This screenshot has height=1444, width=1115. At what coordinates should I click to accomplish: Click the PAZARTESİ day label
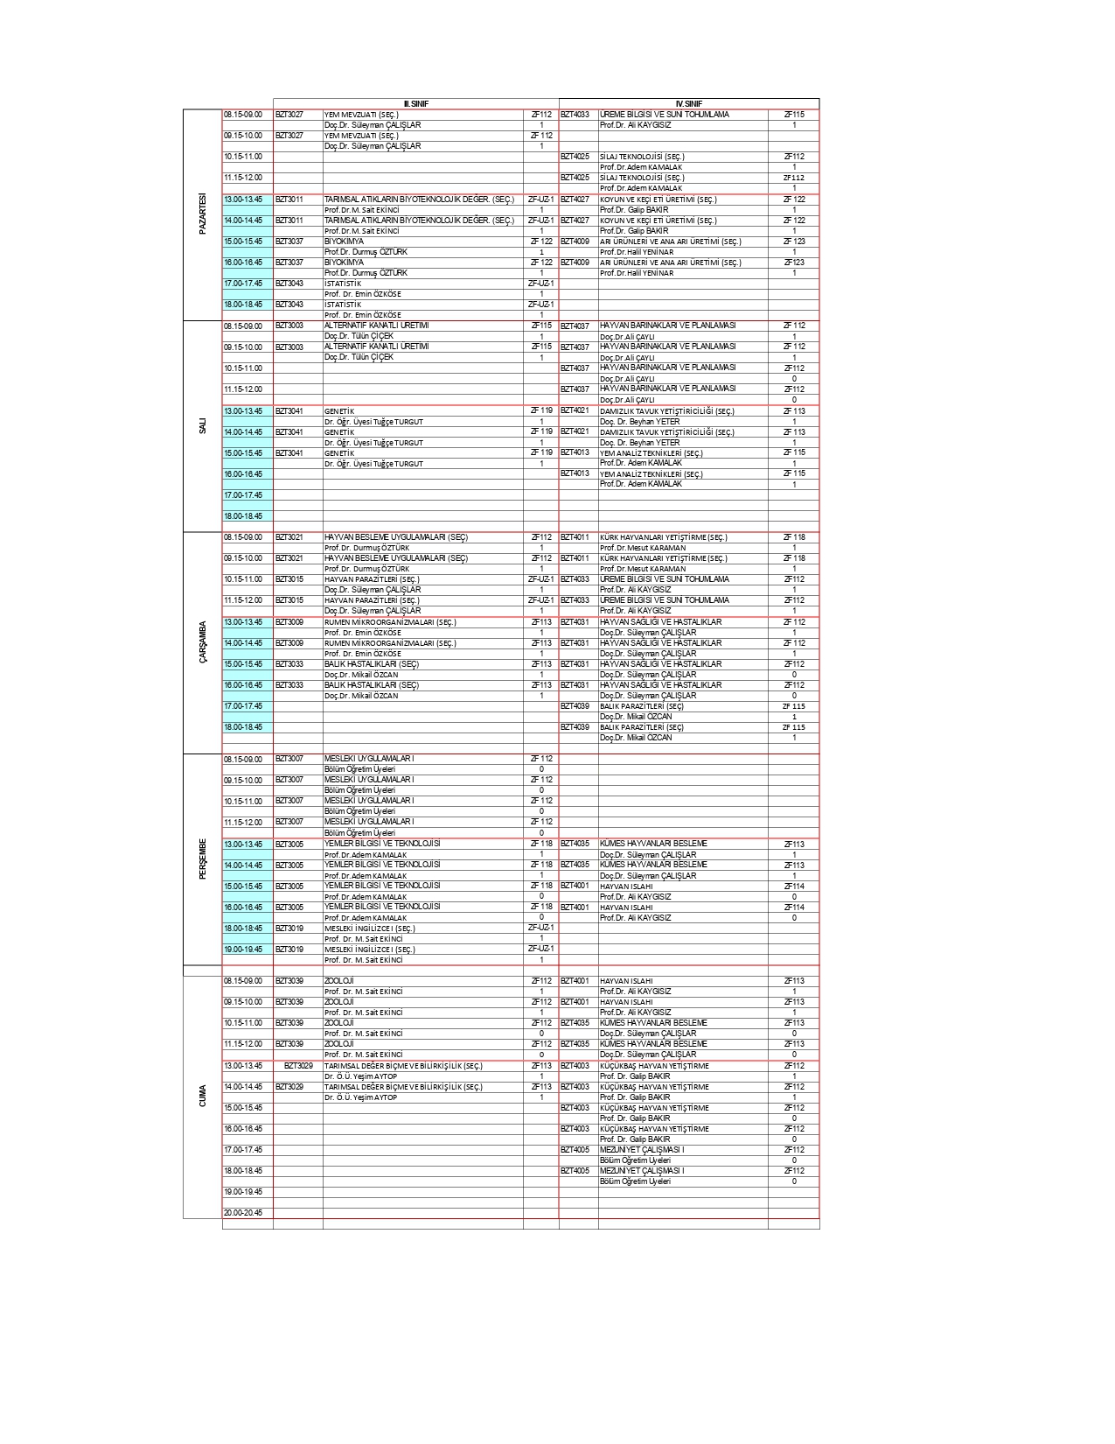203,214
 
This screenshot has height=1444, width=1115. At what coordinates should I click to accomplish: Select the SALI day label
203,426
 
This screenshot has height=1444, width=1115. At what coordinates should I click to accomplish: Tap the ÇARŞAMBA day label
203,643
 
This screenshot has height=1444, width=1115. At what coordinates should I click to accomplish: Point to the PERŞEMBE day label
203,859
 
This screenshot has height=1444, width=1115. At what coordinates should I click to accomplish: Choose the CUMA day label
203,1097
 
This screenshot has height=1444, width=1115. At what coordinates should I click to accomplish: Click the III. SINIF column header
416,104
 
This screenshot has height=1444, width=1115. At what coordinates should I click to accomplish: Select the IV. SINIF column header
688,104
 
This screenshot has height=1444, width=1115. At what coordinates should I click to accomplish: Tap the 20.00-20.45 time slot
243,1213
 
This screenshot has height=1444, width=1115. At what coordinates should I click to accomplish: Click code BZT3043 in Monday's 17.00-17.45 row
289,284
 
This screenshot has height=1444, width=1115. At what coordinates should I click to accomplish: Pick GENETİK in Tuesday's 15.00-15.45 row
339,453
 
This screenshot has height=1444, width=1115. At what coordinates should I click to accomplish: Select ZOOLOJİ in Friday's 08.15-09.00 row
339,981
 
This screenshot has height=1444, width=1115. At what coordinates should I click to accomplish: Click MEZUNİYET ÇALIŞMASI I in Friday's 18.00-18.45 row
642,1171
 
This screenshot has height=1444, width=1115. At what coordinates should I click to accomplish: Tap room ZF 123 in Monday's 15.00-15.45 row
794,242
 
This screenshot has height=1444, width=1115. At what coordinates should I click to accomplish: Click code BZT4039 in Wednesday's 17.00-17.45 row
575,706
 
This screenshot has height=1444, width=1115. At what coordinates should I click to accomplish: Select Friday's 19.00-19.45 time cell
243,1192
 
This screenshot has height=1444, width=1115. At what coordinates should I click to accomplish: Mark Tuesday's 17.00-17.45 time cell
243,495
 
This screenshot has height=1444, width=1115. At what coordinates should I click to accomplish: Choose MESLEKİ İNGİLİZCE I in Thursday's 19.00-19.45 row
370,950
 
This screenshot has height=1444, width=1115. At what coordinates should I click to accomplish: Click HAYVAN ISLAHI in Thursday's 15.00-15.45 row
626,887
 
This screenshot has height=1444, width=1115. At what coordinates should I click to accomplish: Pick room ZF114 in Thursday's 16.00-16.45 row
794,908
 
